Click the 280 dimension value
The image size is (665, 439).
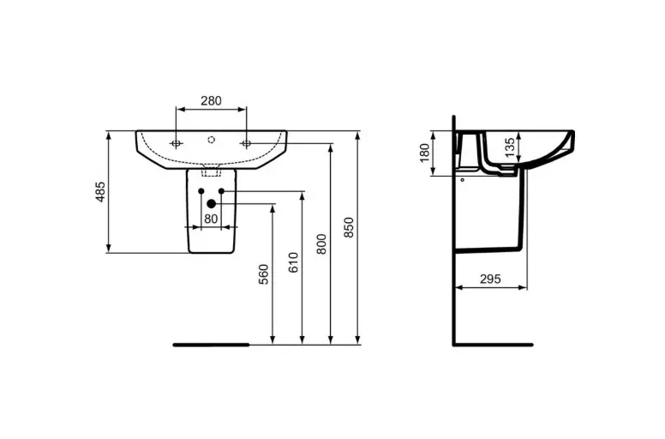click(211, 101)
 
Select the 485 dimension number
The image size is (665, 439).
click(99, 192)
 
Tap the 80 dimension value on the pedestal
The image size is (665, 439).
click(211, 219)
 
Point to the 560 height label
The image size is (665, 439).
click(263, 274)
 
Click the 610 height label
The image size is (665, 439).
click(293, 262)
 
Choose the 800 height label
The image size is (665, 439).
click(322, 244)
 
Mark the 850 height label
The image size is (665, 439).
click(349, 227)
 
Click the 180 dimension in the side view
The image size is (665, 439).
click(424, 153)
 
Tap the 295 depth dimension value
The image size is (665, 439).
click(490, 280)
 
